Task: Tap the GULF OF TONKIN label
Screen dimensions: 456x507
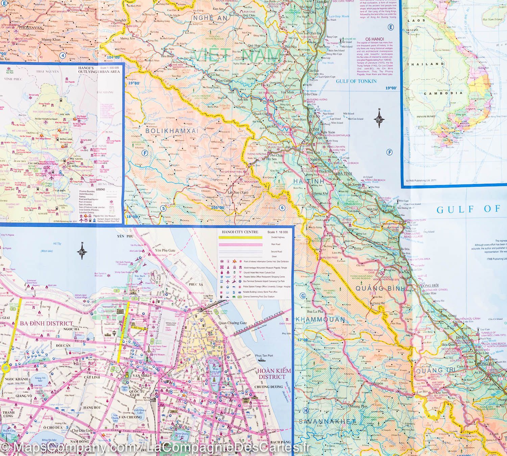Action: pyautogui.click(x=356, y=81)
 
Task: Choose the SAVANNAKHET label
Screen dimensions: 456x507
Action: pyautogui.click(x=327, y=421)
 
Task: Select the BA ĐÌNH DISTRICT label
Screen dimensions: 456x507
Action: pyautogui.click(x=47, y=323)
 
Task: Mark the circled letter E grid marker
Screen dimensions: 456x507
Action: pyautogui.click(x=391, y=27)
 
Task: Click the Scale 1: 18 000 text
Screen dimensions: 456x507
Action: pyautogui.click(x=276, y=232)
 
